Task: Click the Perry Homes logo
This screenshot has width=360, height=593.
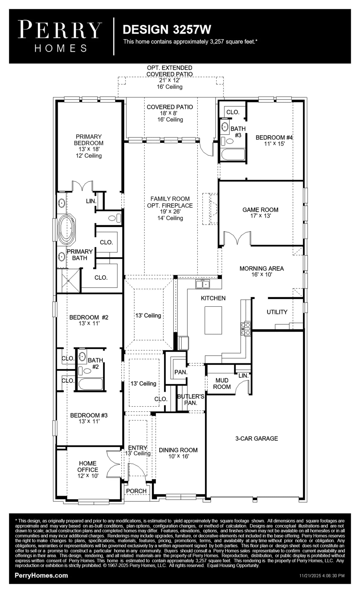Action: pyautogui.click(x=60, y=36)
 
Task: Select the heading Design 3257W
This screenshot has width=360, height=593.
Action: pyautogui.click(x=167, y=30)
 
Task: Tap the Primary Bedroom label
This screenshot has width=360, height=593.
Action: pyautogui.click(x=89, y=140)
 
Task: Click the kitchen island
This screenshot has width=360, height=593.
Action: pyautogui.click(x=213, y=320)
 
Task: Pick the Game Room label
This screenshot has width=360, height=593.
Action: pyautogui.click(x=260, y=210)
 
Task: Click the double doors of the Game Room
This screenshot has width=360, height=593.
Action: pyautogui.click(x=237, y=237)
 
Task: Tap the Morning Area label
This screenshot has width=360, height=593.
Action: pyautogui.click(x=262, y=269)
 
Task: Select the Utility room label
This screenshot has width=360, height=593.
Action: pyautogui.click(x=277, y=312)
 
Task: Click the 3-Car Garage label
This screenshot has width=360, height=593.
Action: pyautogui.click(x=257, y=439)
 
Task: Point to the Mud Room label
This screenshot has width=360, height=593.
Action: pyautogui.click(x=222, y=383)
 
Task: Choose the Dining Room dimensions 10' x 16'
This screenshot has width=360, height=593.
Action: pyautogui.click(x=179, y=456)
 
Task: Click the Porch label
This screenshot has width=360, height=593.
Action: pyautogui.click(x=136, y=491)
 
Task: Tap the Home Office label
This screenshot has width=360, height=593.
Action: pyautogui.click(x=88, y=466)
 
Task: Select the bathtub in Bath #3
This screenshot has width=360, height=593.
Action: pyautogui.click(x=233, y=154)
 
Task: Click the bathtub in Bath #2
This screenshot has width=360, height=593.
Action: pyautogui.click(x=90, y=384)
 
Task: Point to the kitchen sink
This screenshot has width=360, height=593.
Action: pyautogui.click(x=202, y=284)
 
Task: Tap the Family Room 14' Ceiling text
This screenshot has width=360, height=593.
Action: pyautogui.click(x=170, y=218)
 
